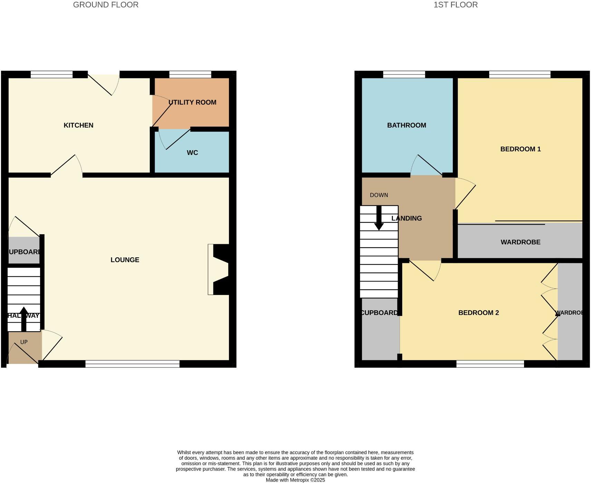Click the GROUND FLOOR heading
(x=106, y=5)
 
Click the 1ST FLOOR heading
(x=455, y=5)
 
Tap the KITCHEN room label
(x=78, y=125)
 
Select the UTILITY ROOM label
(x=192, y=102)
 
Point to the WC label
(x=192, y=153)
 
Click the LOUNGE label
(x=125, y=260)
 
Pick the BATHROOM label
(x=406, y=125)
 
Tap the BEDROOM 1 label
(x=520, y=149)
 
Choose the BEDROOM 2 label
(x=478, y=313)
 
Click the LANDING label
(x=407, y=218)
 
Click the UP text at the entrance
(x=24, y=342)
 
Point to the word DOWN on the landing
(x=379, y=195)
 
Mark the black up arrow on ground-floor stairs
(x=24, y=318)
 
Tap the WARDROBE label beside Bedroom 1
(x=520, y=242)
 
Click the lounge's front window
(x=132, y=364)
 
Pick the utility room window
(x=190, y=74)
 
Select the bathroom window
(x=404, y=74)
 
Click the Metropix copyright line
(x=295, y=480)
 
